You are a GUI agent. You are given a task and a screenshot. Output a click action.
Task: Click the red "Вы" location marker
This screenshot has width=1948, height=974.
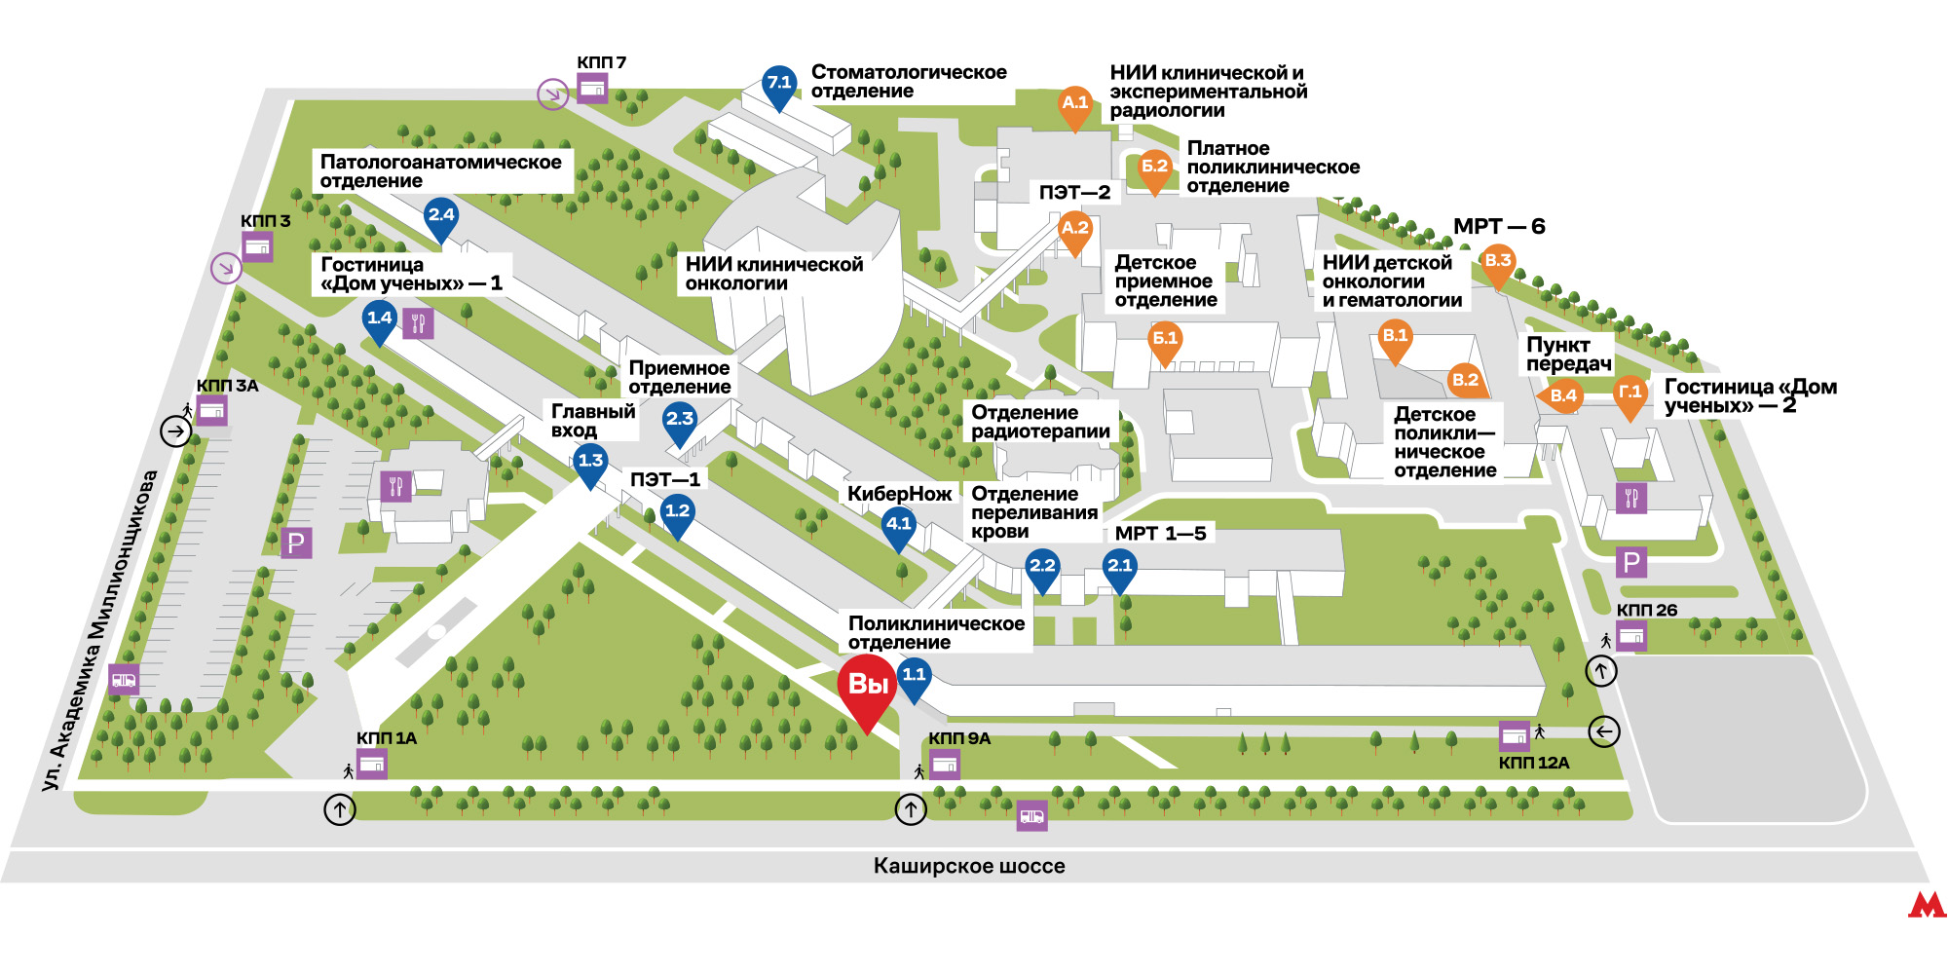[867, 693]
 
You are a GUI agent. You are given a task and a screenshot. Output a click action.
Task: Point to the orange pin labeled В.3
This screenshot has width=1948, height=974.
[1497, 266]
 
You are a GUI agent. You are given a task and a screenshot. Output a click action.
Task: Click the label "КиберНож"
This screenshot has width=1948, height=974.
[899, 494]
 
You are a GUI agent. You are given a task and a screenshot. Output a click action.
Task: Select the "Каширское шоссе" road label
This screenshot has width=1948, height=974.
[969, 866]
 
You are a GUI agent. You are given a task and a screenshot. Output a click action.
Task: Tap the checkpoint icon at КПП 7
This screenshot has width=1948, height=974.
[592, 90]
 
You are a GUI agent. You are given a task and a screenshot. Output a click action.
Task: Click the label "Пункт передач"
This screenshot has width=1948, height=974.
[1568, 355]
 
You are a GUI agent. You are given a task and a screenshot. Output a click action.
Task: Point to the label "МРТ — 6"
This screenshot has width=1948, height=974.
[1499, 227]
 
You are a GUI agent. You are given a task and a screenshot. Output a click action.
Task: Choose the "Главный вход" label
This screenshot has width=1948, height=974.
[593, 421]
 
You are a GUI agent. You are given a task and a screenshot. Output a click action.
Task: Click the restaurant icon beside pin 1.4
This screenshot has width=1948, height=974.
[419, 323]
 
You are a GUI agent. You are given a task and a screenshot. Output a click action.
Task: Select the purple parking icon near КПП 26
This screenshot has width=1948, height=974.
[1631, 562]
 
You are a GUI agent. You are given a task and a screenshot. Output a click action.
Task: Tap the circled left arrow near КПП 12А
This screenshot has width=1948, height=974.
[1604, 730]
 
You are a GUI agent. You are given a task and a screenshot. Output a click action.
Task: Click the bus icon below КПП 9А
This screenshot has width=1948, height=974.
[1031, 816]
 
